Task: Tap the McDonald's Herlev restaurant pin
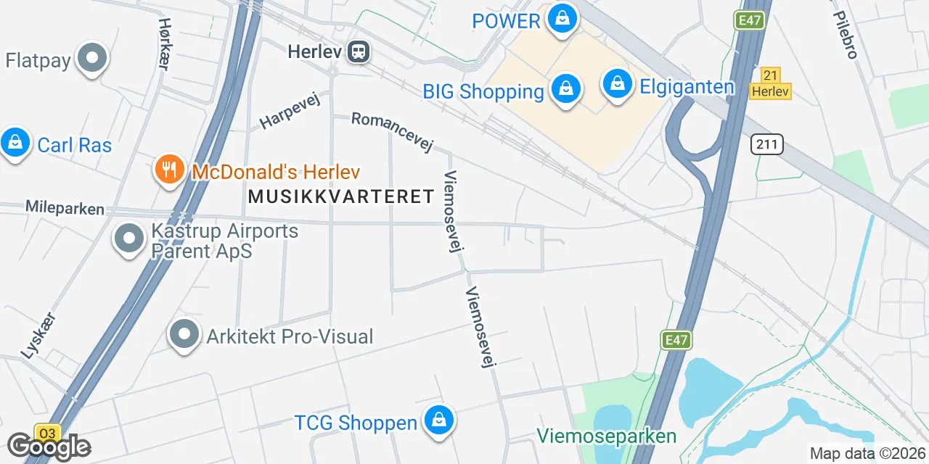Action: click(x=168, y=169)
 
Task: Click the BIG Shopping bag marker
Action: click(x=566, y=89)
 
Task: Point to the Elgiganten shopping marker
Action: click(x=616, y=84)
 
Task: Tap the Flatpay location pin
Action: click(x=92, y=58)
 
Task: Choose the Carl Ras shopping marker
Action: click(x=15, y=142)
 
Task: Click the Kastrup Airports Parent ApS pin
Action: click(x=129, y=238)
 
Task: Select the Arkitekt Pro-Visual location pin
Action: click(x=184, y=334)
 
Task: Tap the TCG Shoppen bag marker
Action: click(x=438, y=420)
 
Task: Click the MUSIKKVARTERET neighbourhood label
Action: click(x=341, y=196)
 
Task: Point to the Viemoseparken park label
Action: click(x=607, y=436)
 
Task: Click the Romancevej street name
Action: click(x=392, y=132)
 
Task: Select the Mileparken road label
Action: click(x=65, y=208)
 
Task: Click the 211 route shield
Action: click(x=767, y=145)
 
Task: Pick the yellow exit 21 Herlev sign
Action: click(x=770, y=83)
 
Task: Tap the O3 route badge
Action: click(x=47, y=434)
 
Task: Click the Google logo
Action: click(x=49, y=447)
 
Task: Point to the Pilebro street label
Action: click(x=846, y=34)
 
